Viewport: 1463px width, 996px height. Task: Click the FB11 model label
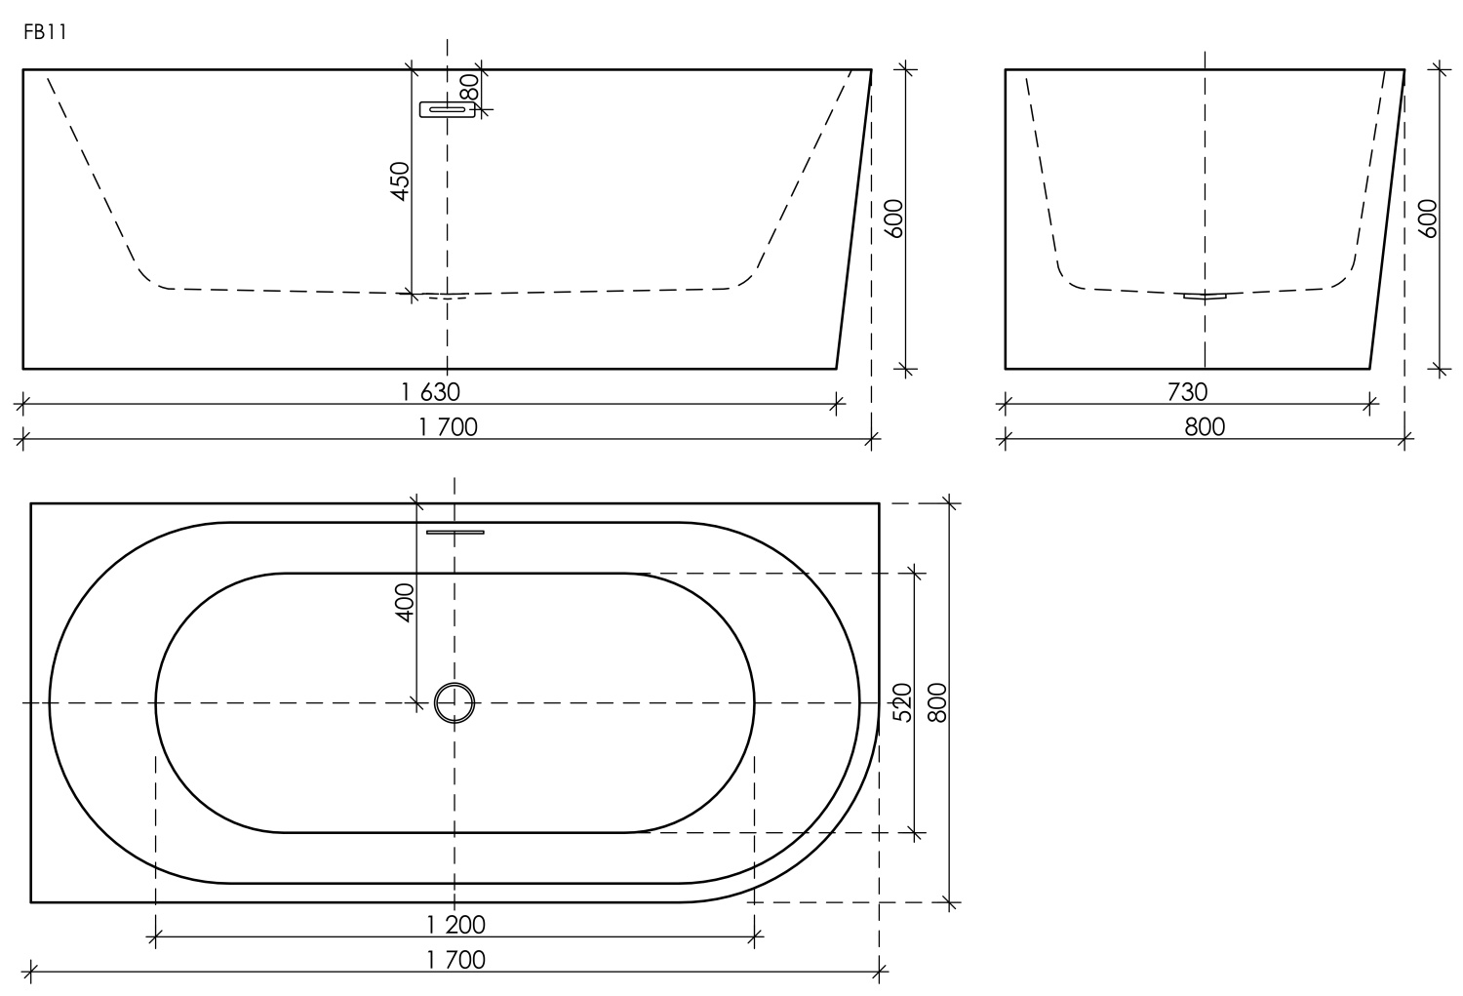[45, 33]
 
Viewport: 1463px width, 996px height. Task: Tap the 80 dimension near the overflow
[470, 88]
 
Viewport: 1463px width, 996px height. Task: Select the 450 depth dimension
[400, 181]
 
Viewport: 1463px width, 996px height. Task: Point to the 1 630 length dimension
[430, 391]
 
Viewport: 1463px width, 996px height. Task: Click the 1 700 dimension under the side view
[448, 426]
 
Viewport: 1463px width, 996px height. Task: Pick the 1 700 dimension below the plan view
[455, 960]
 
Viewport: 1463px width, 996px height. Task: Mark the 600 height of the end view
[1427, 219]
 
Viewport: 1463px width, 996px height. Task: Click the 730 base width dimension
[1187, 391]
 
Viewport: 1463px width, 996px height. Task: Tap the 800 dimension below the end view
[1205, 426]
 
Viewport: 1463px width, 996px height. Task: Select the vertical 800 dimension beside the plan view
[937, 702]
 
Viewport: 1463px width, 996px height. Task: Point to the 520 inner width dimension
[902, 702]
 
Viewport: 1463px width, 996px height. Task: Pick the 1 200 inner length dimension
[455, 924]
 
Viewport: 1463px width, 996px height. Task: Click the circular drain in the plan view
[455, 702]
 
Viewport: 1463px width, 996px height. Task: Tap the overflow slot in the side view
[447, 109]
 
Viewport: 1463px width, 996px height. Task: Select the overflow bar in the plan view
[455, 532]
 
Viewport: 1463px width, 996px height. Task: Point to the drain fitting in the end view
[1205, 296]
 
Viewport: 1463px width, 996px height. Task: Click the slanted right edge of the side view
[853, 219]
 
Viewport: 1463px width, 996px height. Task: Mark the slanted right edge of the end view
[1387, 219]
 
